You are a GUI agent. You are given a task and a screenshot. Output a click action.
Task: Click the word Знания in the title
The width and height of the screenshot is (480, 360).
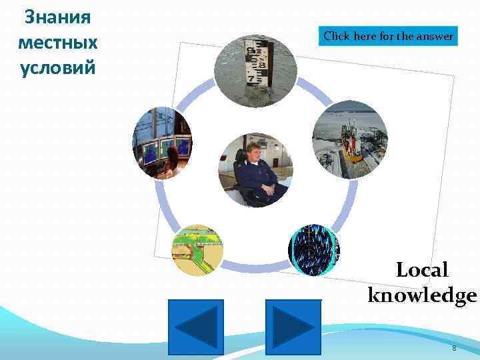click(57, 17)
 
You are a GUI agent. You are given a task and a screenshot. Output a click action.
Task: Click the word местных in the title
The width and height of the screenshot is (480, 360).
click(57, 43)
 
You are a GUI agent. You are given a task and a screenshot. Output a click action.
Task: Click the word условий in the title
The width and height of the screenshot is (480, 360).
click(57, 68)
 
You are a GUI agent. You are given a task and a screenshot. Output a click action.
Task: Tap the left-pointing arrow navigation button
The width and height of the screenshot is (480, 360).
click(195, 327)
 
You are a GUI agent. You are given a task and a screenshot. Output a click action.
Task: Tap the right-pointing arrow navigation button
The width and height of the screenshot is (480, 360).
click(293, 327)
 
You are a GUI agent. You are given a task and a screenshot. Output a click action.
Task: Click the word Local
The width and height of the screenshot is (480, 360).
click(422, 270)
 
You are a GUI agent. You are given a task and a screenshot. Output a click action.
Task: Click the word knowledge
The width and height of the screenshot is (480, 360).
click(422, 295)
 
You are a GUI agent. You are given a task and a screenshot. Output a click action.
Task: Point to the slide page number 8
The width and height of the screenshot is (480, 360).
click(454, 349)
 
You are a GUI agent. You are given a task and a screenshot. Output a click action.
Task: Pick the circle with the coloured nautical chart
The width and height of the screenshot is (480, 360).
click(197, 250)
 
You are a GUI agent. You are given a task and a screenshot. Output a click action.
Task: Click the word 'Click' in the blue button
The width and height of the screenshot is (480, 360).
click(337, 36)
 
